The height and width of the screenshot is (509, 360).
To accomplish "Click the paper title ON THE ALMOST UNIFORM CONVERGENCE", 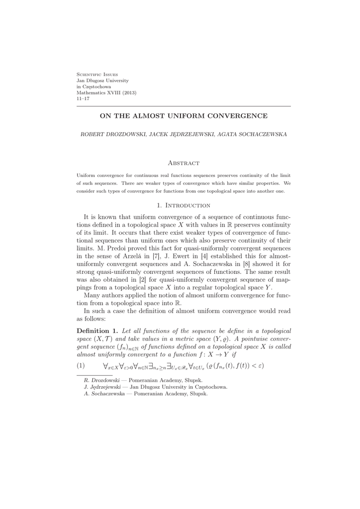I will coord(183,116).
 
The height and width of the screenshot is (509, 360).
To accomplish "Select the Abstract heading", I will coord(183,163).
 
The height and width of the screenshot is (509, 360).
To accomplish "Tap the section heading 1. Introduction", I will coord(183,205).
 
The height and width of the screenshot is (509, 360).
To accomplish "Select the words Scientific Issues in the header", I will coord(97,74).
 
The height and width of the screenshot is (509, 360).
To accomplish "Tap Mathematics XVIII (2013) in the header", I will coord(106,92).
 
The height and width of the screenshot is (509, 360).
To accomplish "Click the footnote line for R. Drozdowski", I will coord(143,380).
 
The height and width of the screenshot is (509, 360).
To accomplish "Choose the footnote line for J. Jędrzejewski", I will coord(156,387).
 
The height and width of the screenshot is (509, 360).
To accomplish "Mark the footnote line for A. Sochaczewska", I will coord(146,393).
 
